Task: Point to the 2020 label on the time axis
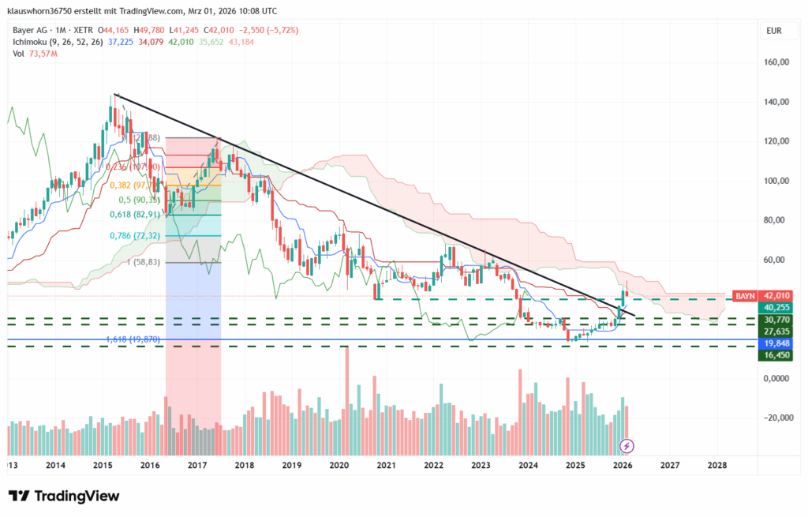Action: (339, 466)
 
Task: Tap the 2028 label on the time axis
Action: (716, 466)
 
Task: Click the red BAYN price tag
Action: (744, 295)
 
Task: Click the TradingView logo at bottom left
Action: (64, 496)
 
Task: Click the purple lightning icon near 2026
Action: (627, 446)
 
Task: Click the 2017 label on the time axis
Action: (197, 466)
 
